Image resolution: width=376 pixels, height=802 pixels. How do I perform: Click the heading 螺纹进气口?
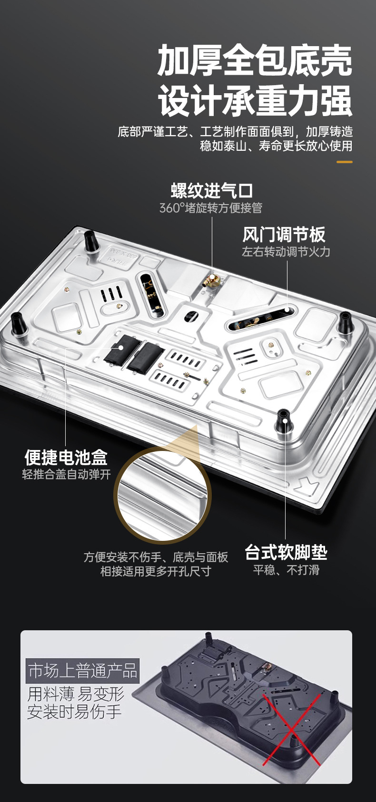click(x=212, y=190)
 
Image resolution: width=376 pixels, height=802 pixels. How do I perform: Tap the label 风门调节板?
click(x=284, y=235)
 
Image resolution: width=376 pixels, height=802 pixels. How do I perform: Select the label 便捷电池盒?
click(x=66, y=457)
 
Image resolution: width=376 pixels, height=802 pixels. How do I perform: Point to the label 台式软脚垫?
click(x=286, y=552)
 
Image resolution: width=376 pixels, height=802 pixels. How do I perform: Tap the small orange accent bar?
click(x=345, y=162)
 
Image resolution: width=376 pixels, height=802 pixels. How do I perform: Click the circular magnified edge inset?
click(x=163, y=496)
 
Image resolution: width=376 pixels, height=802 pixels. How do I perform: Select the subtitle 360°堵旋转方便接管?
click(x=211, y=208)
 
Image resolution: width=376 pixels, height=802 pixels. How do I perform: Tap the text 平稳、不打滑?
click(x=286, y=570)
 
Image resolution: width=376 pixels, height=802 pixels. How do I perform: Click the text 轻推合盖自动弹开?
click(x=66, y=474)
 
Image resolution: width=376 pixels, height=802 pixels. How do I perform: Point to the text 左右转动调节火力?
click(x=286, y=252)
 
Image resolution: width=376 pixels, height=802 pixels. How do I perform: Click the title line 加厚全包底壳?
click(x=255, y=60)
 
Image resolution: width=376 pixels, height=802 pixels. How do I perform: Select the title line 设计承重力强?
click(x=255, y=100)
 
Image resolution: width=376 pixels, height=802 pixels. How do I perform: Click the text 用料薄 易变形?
click(x=76, y=694)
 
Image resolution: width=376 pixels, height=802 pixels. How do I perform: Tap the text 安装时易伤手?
click(x=74, y=712)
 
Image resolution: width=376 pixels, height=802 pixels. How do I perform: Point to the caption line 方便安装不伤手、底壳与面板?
click(x=156, y=557)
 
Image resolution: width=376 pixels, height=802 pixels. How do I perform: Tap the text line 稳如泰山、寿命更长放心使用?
click(x=276, y=146)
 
